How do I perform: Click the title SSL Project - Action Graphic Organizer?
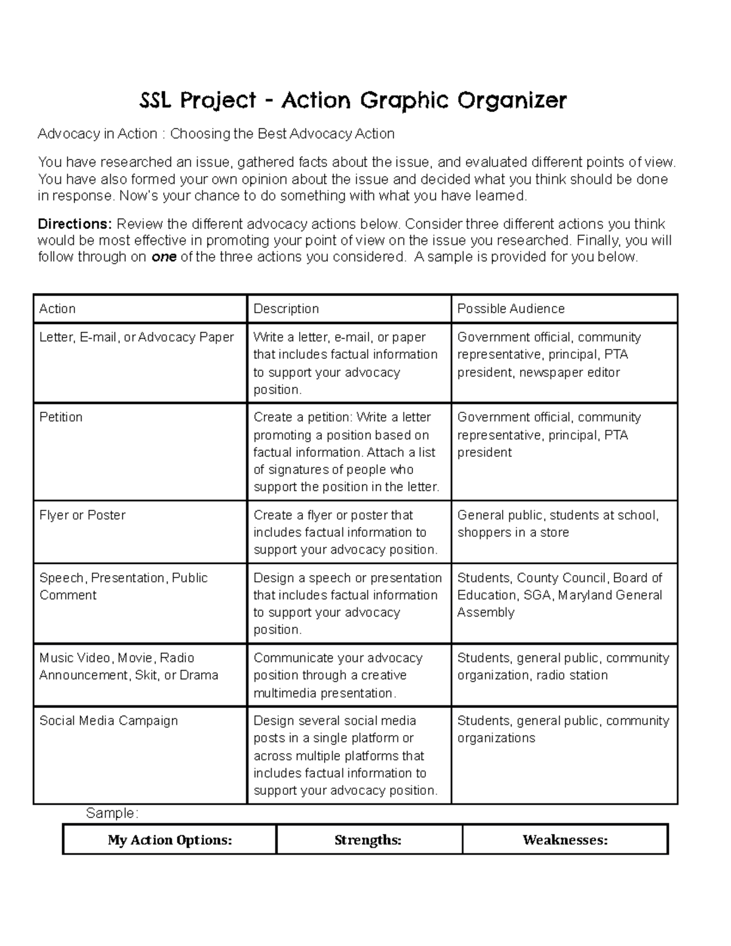[x=353, y=101]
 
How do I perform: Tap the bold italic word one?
[x=163, y=257]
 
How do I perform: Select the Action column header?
[x=57, y=309]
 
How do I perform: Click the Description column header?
[x=286, y=309]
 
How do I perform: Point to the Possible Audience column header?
[x=510, y=309]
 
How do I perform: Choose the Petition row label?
[x=61, y=417]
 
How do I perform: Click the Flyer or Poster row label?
[x=82, y=515]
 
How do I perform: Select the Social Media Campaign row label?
[x=108, y=721]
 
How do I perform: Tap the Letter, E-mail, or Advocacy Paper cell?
[x=136, y=337]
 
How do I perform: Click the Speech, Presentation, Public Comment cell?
[x=123, y=586]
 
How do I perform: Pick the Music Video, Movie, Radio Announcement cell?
[x=128, y=666]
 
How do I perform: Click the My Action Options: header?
[x=170, y=840]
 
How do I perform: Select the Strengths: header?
[x=368, y=840]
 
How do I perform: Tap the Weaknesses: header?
[x=565, y=840]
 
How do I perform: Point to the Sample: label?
[x=112, y=813]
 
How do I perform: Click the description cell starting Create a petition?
[x=345, y=452]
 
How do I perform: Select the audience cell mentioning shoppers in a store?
[x=557, y=524]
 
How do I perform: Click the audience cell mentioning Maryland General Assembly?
[x=559, y=595]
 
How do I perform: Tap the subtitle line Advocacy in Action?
[x=216, y=134]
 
